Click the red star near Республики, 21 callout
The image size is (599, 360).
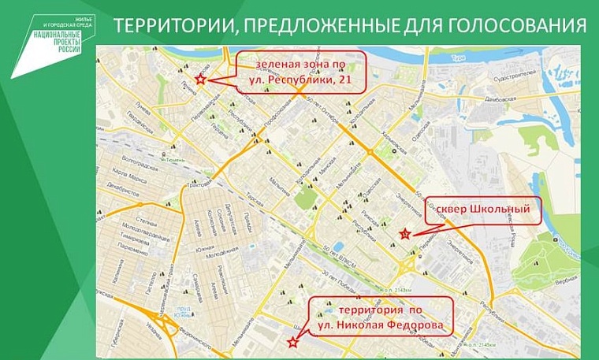[x=200, y=80]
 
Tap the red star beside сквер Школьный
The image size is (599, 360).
[x=404, y=233]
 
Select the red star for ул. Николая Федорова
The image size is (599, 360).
[x=292, y=341]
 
